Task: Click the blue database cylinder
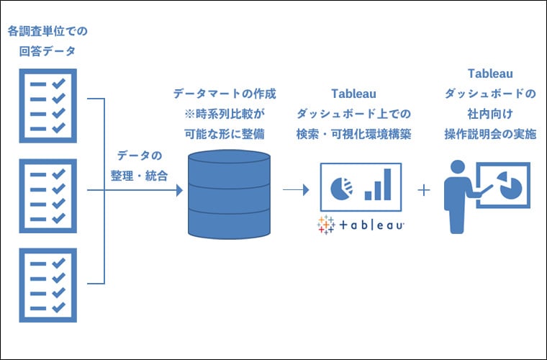[x=229, y=194]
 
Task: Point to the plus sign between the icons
[x=424, y=190]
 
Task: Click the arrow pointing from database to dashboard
[x=296, y=190]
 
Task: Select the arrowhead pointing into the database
[x=177, y=191]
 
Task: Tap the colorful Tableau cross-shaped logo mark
[x=327, y=225]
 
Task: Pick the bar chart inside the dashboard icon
[x=379, y=186]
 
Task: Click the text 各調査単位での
[x=48, y=32]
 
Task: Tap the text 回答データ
[x=48, y=51]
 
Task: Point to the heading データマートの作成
[x=225, y=94]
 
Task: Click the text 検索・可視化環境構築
[x=353, y=134]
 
